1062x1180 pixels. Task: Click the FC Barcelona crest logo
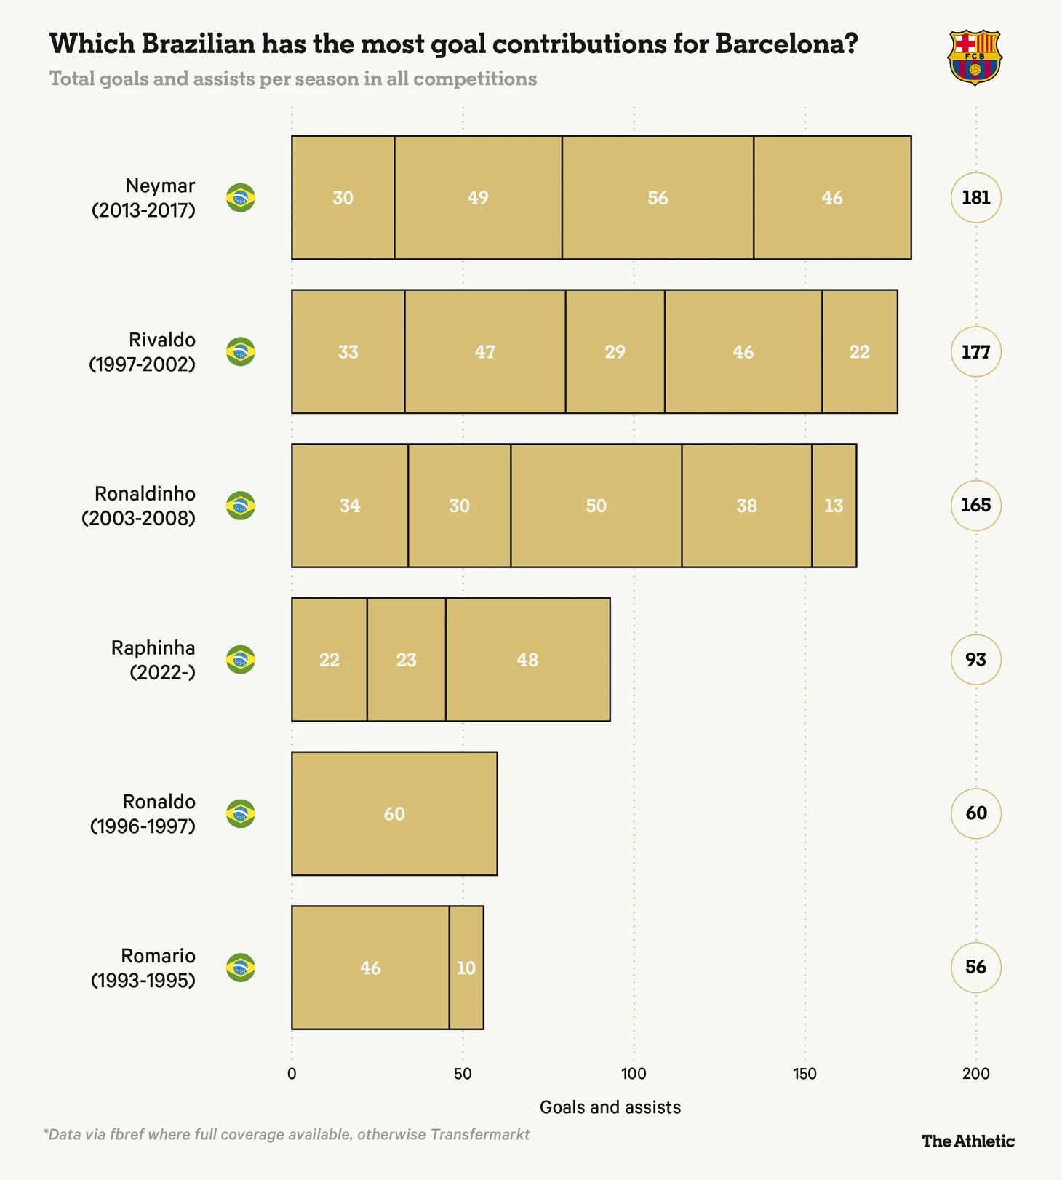pos(975,57)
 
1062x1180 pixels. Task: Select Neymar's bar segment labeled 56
pos(658,197)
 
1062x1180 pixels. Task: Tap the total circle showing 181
pos(975,197)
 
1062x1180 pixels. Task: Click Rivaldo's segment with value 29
pos(615,351)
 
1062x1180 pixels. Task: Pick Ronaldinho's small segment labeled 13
pos(834,506)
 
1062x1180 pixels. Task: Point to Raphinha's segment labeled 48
pos(527,660)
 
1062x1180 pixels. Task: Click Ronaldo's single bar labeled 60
pos(394,813)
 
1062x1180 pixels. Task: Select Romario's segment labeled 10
pos(466,968)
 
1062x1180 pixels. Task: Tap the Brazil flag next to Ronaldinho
pos(241,506)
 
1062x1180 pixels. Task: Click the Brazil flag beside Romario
pos(241,968)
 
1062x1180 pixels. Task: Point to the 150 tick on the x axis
pos(805,1074)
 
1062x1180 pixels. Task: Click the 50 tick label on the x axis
pos(463,1074)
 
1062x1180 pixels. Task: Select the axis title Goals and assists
pos(610,1107)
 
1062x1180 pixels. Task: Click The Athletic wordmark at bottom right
pos(967,1141)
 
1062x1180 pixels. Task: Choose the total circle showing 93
pos(975,660)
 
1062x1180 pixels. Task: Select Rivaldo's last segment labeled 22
pos(859,351)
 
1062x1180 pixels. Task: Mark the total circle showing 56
pos(975,968)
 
